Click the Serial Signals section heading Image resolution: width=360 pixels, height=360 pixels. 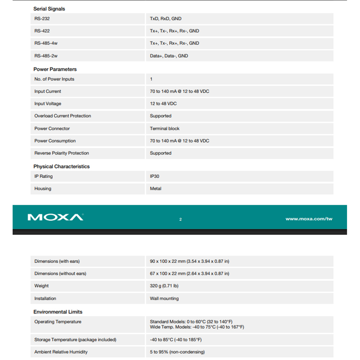click(49, 9)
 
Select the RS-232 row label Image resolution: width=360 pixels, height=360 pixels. click(42, 19)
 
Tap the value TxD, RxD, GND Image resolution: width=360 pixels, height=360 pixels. click(166, 19)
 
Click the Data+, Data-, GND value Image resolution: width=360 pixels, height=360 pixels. click(169, 56)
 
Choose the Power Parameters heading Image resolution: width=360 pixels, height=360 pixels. click(55, 69)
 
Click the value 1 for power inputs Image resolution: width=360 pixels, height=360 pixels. click(151, 79)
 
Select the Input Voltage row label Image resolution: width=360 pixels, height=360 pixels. click(48, 104)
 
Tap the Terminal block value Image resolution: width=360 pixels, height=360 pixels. click(165, 129)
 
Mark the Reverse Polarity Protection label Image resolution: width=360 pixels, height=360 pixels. click(62, 153)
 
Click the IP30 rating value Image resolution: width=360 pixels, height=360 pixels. click(154, 176)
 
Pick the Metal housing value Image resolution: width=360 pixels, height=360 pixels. click(156, 189)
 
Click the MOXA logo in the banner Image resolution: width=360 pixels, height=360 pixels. click(55, 217)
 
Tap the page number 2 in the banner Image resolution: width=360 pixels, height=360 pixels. click(180, 219)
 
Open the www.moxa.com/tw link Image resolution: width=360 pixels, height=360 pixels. click(309, 219)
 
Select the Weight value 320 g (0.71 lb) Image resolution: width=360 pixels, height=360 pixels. click(164, 286)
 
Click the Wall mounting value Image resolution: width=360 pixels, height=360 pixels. click(164, 298)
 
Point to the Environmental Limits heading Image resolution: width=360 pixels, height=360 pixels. click(58, 312)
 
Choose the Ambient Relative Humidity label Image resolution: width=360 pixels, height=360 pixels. click(61, 352)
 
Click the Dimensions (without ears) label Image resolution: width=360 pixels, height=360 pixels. click(60, 274)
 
